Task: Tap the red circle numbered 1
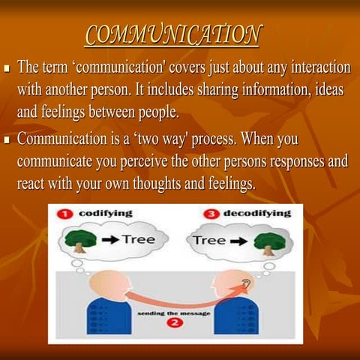65,214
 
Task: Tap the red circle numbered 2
175,323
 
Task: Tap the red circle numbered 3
210,214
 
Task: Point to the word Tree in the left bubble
138,240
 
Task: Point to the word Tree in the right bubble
210,241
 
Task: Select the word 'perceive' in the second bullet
160,160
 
